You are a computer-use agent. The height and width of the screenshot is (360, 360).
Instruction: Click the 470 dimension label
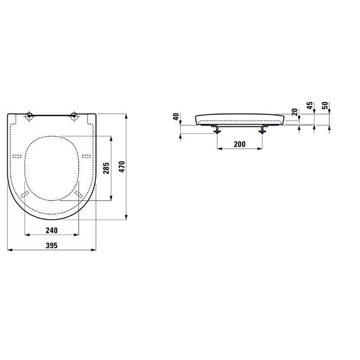pyautogui.click(x=122, y=167)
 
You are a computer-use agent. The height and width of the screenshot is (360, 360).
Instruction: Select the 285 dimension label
pyautogui.click(x=106, y=168)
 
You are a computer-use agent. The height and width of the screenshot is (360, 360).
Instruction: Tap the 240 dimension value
pyautogui.click(x=51, y=230)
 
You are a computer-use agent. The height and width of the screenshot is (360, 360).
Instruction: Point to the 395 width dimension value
pyautogui.click(x=51, y=245)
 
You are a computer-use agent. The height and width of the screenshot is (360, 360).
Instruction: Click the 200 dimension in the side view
pyautogui.click(x=240, y=144)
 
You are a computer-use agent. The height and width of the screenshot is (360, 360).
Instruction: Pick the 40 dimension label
pyautogui.click(x=176, y=116)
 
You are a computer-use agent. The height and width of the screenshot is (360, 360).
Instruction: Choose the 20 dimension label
pyautogui.click(x=295, y=112)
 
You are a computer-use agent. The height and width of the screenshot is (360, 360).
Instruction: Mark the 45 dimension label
pyautogui.click(x=310, y=105)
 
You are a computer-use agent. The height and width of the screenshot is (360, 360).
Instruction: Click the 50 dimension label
pyautogui.click(x=325, y=105)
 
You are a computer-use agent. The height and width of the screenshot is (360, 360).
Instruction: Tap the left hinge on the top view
pyautogui.click(x=30, y=116)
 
